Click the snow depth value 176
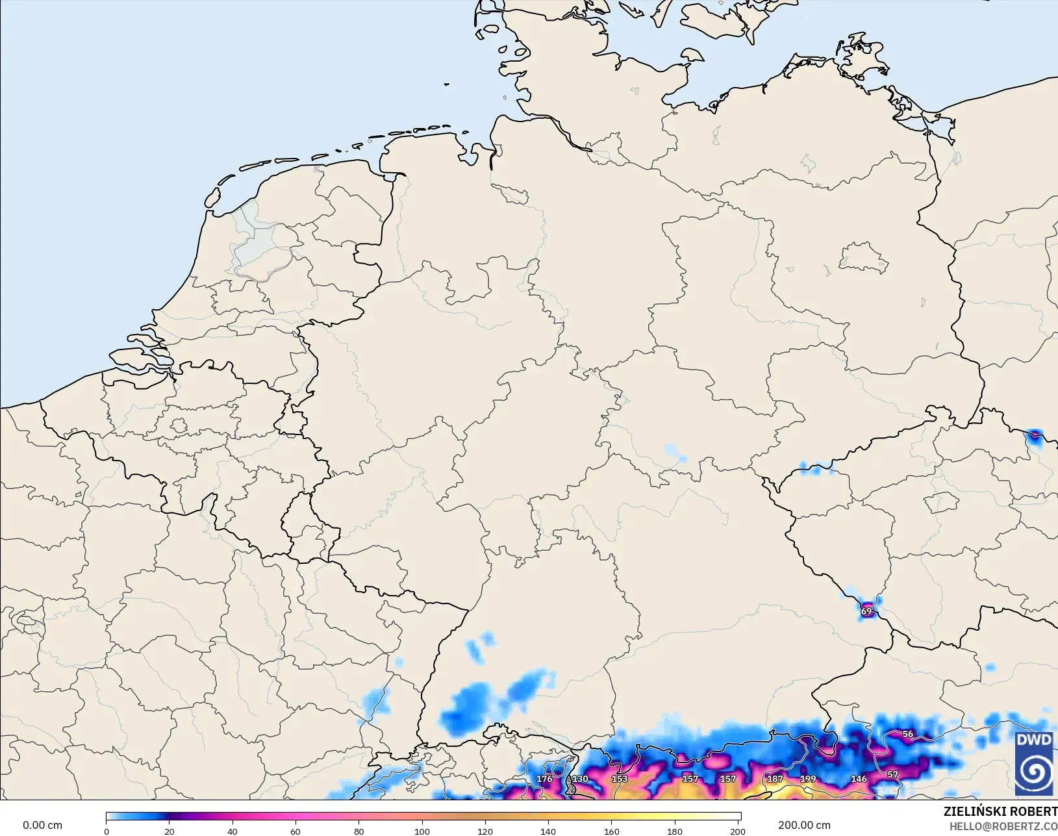coord(544,779)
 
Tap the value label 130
coord(580,779)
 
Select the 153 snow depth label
coord(620,779)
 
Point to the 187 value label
coord(775,779)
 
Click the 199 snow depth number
coord(808,779)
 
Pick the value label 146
coord(859,779)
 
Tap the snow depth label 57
coord(893,774)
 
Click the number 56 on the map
coord(908,734)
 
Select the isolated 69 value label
coord(866,611)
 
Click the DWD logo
coord(1033,763)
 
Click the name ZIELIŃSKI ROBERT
coord(1000,812)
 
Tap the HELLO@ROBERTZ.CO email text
coord(1003,826)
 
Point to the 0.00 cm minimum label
coord(43,826)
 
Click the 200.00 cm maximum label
coord(804,826)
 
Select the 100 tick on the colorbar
coord(422,831)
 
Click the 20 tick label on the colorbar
coord(169,831)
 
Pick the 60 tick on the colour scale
coord(296,831)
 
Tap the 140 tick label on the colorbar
coord(548,831)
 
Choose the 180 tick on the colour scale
coord(675,831)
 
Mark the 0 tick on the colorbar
coord(107,831)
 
